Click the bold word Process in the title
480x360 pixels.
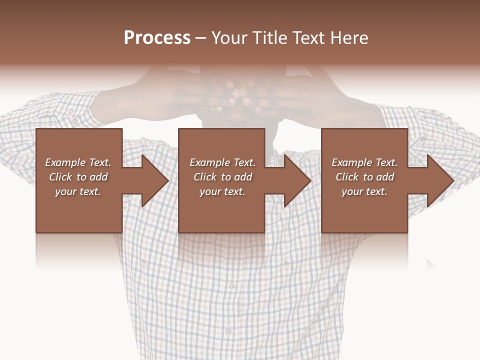pyautogui.click(x=157, y=38)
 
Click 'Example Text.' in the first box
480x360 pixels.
pyautogui.click(x=78, y=162)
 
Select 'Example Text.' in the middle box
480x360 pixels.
pyautogui.click(x=222, y=162)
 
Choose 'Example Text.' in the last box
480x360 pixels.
pyautogui.click(x=364, y=162)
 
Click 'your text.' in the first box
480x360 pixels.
pyautogui.click(x=78, y=191)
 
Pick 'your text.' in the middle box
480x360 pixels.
pyautogui.click(x=222, y=191)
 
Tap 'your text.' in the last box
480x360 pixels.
pyautogui.click(x=364, y=191)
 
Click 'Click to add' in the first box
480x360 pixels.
pyautogui.click(x=78, y=177)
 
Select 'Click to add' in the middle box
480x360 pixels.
pyautogui.click(x=222, y=177)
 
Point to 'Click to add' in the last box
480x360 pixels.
pyautogui.click(x=364, y=177)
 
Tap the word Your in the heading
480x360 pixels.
pyautogui.click(x=228, y=38)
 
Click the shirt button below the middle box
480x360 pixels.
pyautogui.click(x=231, y=286)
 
